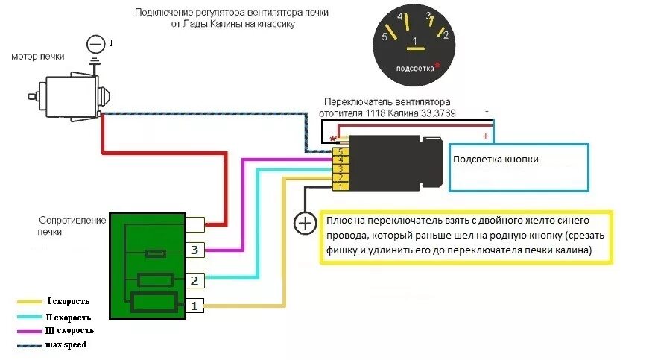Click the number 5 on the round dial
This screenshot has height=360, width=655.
[384, 35]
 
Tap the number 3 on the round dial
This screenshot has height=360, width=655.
[429, 16]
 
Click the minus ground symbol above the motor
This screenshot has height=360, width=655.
[95, 45]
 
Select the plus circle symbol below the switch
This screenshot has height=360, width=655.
[303, 222]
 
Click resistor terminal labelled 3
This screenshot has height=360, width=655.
[194, 250]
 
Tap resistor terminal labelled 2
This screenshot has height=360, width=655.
[194, 281]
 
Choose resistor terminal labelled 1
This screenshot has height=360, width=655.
[194, 306]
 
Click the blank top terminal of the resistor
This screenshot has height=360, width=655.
[195, 223]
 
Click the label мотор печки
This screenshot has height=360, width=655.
[38, 57]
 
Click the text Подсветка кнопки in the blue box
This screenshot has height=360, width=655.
[496, 160]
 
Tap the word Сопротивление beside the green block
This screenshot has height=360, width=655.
[71, 221]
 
